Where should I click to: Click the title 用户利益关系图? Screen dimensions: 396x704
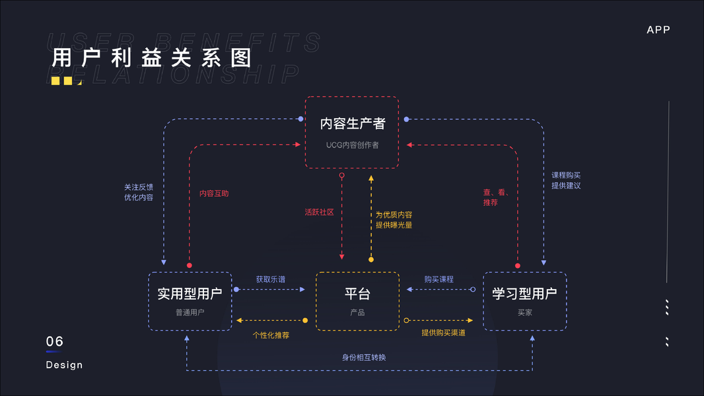pos(152,58)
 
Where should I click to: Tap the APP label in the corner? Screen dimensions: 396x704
pos(658,30)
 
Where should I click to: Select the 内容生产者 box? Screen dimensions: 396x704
pos(352,132)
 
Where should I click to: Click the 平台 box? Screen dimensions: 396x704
pos(357,301)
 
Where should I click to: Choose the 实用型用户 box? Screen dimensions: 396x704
pos(190,301)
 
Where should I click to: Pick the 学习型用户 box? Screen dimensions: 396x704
pos(524,301)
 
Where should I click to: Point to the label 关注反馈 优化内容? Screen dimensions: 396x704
pos(139,192)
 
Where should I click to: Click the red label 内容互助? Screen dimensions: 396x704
pos(214,194)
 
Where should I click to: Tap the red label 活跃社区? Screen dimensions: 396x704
pos(319,213)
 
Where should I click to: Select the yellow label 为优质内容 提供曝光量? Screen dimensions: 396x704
pos(394,220)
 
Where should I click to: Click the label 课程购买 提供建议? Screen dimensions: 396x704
pos(566,180)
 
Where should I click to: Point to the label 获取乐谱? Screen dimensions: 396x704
pos(271,279)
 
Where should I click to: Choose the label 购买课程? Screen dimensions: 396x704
pos(439,279)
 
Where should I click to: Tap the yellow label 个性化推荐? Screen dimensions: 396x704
pos(271,335)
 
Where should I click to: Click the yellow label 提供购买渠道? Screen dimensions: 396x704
pos(443,333)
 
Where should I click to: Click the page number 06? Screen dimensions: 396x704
pos(55,341)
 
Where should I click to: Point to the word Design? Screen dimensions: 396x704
pos(64,365)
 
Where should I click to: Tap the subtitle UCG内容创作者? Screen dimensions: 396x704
pos(352,145)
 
